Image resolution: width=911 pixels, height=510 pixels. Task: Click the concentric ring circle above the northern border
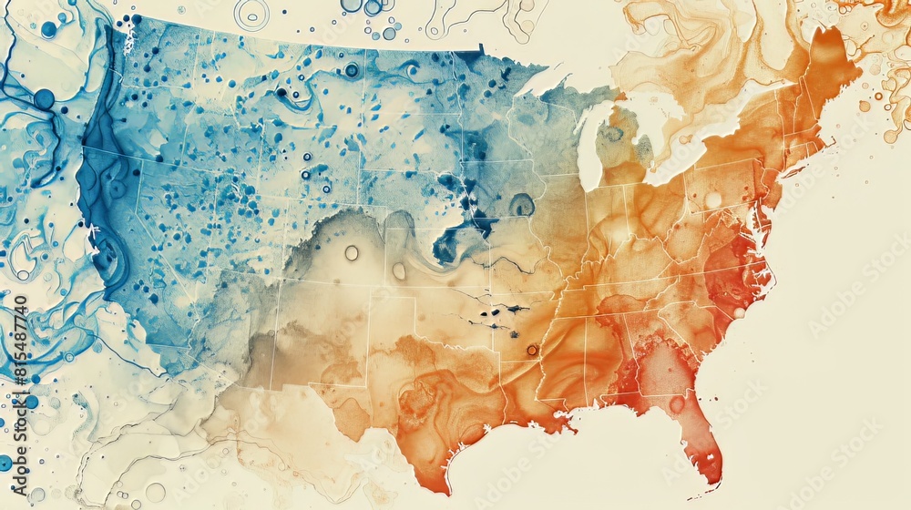point(251,13)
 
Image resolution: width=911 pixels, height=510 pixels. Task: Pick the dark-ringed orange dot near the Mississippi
point(532,350)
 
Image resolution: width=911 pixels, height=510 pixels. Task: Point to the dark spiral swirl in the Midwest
point(521,205)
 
